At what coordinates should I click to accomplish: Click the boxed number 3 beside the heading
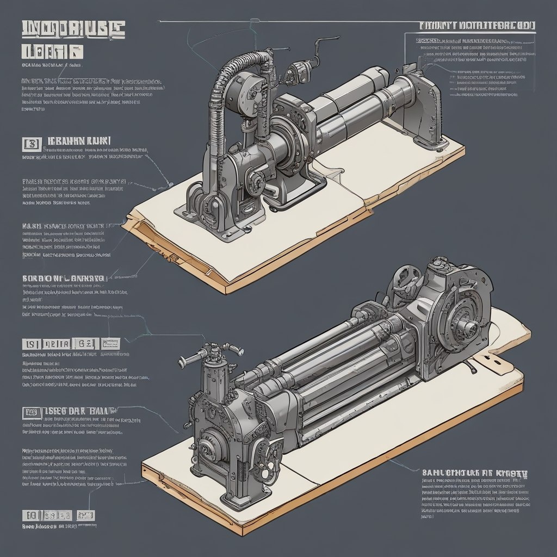(31, 144)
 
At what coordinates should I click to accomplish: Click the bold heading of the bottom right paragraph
(474, 473)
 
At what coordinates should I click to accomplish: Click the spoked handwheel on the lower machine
(405, 277)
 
